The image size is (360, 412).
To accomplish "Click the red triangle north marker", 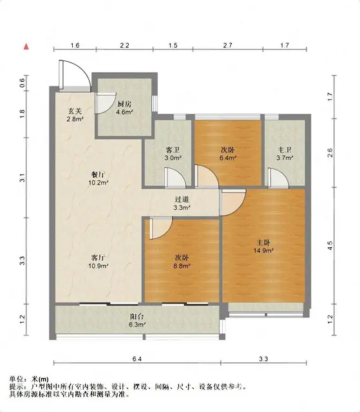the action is click(26, 47).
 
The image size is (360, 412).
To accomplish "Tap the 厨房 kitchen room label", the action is click(124, 104).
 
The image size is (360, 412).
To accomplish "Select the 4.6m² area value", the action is click(124, 112).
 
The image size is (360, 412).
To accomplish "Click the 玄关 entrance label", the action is click(75, 111).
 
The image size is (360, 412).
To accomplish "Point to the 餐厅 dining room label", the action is click(99, 174).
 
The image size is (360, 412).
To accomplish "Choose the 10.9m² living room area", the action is click(99, 266).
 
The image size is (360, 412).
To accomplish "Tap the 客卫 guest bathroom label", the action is click(173, 150).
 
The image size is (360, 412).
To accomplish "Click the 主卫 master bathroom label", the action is click(285, 150).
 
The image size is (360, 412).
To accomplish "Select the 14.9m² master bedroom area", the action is click(263, 250).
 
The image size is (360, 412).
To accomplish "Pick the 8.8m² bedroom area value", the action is click(182, 266).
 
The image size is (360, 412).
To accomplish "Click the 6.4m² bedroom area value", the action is click(227, 158).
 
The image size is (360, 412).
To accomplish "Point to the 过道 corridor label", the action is click(182, 200).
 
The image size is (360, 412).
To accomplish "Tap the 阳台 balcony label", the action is click(137, 317).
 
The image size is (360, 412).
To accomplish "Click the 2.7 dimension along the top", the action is click(227, 46).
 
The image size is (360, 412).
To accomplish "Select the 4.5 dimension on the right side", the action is click(330, 246).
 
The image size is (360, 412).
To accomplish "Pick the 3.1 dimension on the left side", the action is click(23, 178).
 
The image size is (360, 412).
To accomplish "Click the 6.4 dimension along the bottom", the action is click(137, 359).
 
